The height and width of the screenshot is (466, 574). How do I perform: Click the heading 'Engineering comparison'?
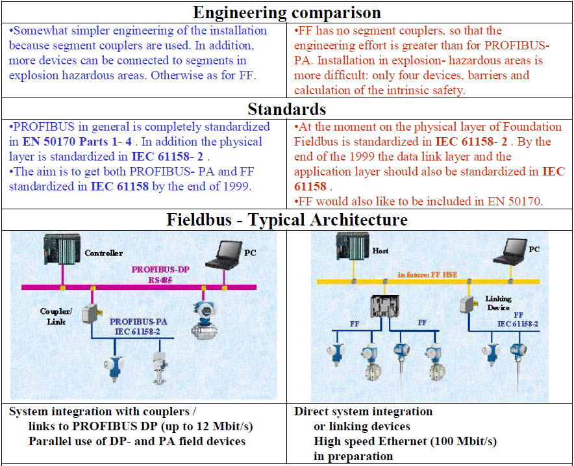pos(286,12)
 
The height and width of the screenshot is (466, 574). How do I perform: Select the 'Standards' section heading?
pos(286,109)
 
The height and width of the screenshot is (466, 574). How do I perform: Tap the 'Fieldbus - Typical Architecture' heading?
pos(286,220)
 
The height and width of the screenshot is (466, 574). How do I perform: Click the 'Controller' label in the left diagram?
pos(103,253)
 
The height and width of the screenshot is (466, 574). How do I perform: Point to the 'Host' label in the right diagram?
pos(381,250)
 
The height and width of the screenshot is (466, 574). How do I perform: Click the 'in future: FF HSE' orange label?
pos(427,274)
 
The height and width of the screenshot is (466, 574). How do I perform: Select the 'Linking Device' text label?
pos(498,303)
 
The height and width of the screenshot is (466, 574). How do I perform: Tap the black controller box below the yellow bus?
pos(384,305)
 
